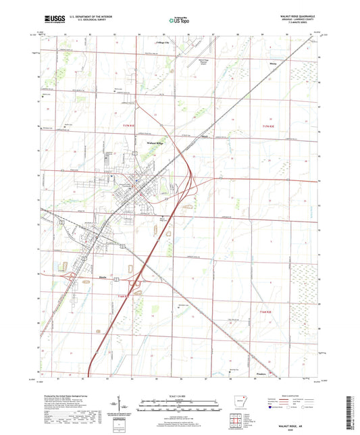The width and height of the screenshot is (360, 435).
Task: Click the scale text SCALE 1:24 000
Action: coord(179,396)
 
